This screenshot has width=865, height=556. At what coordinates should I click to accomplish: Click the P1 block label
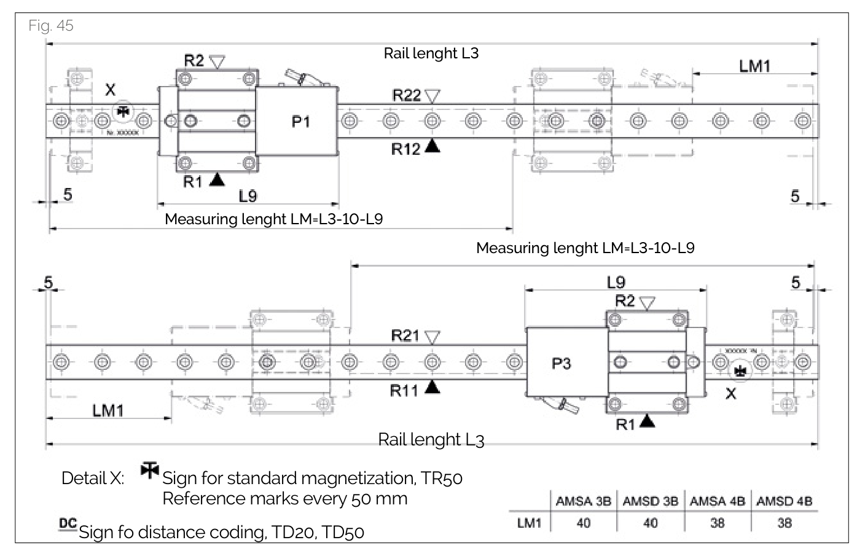(300, 122)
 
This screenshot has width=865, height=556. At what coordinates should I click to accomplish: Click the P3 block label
(561, 364)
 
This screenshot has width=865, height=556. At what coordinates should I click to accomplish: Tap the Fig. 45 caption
(51, 25)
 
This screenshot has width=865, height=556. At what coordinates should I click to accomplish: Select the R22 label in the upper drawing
(407, 95)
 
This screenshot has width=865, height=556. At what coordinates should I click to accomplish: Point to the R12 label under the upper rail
(405, 149)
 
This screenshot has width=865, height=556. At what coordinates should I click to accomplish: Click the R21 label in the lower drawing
(405, 336)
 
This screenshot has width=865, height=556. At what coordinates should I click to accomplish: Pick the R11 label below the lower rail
(404, 390)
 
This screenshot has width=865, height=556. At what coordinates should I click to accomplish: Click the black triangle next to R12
(432, 146)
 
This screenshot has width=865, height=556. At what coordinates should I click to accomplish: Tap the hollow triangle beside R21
(432, 337)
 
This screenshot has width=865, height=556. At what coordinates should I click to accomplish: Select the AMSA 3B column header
(583, 501)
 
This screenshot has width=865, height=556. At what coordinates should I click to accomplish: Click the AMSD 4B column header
(784, 501)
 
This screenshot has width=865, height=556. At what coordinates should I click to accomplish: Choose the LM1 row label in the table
(529, 523)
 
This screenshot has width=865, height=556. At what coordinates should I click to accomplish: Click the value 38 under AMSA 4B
(717, 523)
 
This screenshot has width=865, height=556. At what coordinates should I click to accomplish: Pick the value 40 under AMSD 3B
(650, 523)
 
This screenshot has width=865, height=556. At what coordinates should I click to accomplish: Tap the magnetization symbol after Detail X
(149, 470)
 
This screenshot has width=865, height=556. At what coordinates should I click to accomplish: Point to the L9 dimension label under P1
(248, 196)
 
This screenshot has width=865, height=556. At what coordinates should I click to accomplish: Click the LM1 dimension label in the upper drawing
(754, 66)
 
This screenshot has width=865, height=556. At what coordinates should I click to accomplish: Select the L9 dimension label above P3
(616, 282)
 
